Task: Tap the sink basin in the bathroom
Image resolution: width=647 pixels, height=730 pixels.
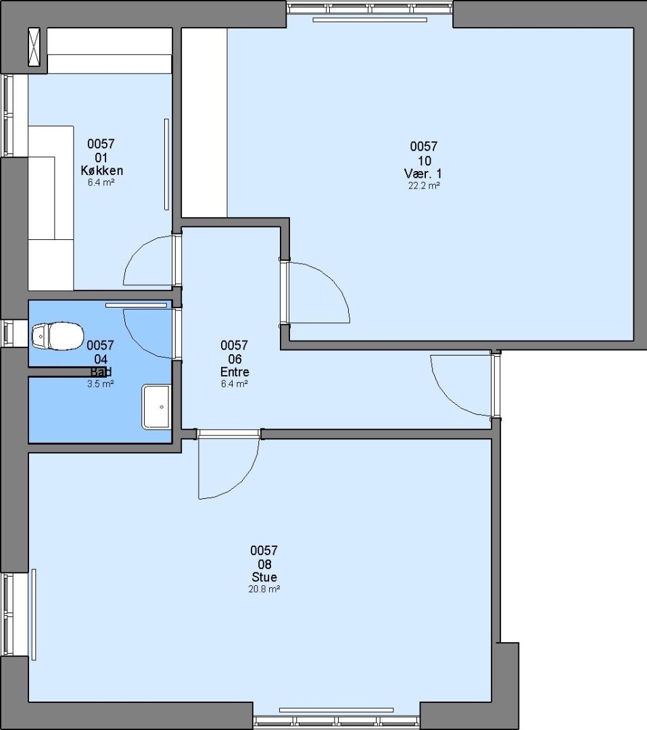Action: click(x=156, y=406)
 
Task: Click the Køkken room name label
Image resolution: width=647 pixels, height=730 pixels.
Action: click(x=101, y=170)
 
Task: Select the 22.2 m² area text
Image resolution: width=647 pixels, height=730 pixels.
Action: click(x=424, y=185)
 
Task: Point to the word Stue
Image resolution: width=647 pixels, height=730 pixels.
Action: click(x=264, y=577)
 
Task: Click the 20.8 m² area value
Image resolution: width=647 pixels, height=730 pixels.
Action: click(x=264, y=589)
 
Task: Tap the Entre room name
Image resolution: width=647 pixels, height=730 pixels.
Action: click(x=235, y=372)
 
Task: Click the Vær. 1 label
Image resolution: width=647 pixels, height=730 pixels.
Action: click(x=423, y=174)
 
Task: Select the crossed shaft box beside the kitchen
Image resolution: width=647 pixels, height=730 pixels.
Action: click(x=34, y=47)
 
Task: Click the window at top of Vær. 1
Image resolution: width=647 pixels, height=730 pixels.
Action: click(x=370, y=8)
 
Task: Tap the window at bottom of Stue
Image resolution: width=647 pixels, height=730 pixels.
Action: click(x=336, y=722)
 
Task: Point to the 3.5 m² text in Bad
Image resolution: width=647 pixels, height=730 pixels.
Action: click(x=101, y=384)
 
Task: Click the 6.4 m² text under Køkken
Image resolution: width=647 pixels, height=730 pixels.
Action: click(x=101, y=182)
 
